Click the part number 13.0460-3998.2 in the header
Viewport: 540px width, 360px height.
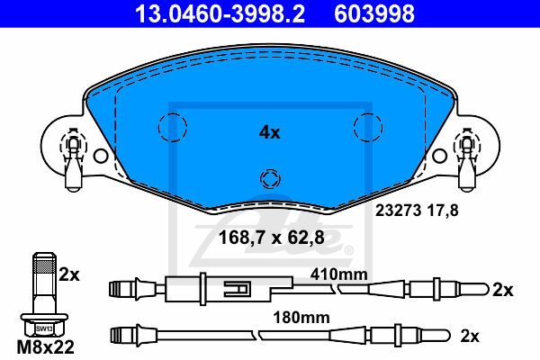pos(220,13)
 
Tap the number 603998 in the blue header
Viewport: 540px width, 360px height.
pos(374,13)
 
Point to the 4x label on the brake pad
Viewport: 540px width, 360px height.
pos(270,132)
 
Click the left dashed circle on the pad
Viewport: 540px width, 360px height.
pos(173,113)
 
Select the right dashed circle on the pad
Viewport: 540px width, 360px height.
pos(368,113)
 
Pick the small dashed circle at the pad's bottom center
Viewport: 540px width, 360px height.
pos(270,169)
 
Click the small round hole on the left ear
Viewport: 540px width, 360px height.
pos(101,156)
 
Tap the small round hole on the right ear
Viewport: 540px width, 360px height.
pos(439,156)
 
